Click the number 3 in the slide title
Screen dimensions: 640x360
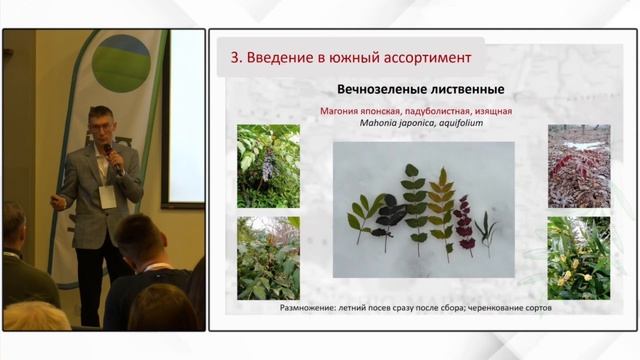pos(236,58)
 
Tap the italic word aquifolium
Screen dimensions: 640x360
pos(461,123)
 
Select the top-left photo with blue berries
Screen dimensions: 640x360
pos(269,166)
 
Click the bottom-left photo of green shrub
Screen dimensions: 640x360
pos(269,258)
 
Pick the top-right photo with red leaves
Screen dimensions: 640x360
pos(579,166)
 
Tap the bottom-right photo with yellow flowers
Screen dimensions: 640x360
pos(579,258)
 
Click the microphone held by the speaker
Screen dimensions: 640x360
pos(112,158)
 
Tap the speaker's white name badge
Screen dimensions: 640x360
pos(107,197)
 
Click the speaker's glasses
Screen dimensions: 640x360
pos(99,125)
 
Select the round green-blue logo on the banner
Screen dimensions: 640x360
pos(121,63)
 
